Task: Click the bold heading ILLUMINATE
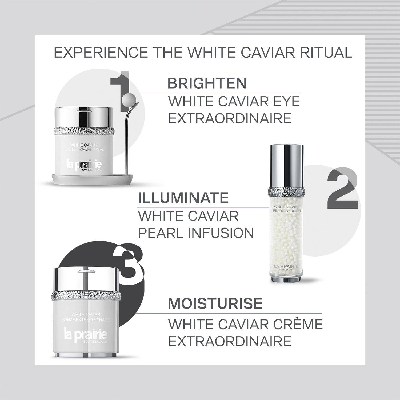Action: point(183,198)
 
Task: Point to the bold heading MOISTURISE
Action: point(215,303)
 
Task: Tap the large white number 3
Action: point(129,262)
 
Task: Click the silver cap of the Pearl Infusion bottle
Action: point(286,165)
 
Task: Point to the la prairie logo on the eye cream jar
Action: point(84,166)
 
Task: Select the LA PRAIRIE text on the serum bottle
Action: point(286,266)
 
